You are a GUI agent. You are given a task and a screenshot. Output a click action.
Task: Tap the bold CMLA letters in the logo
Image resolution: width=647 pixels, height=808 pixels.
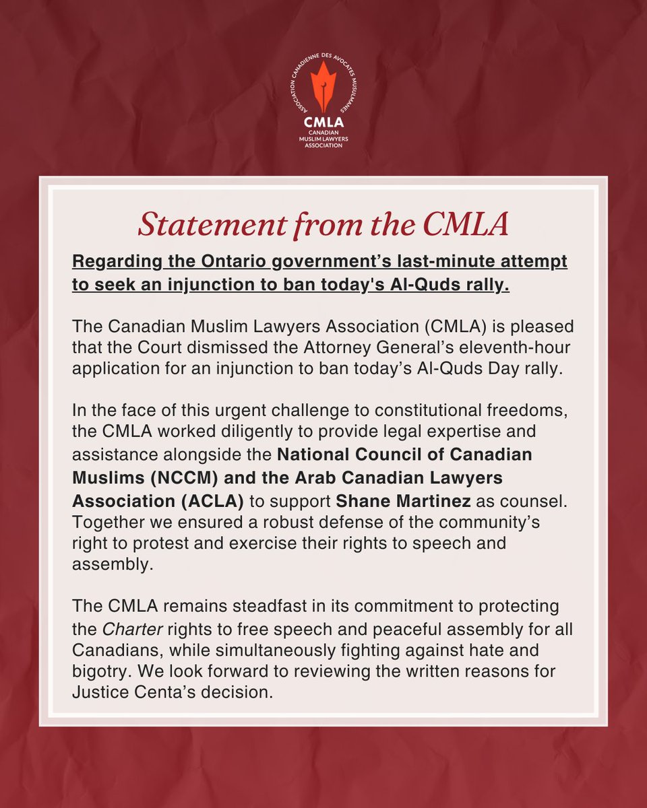pyautogui.click(x=323, y=123)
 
